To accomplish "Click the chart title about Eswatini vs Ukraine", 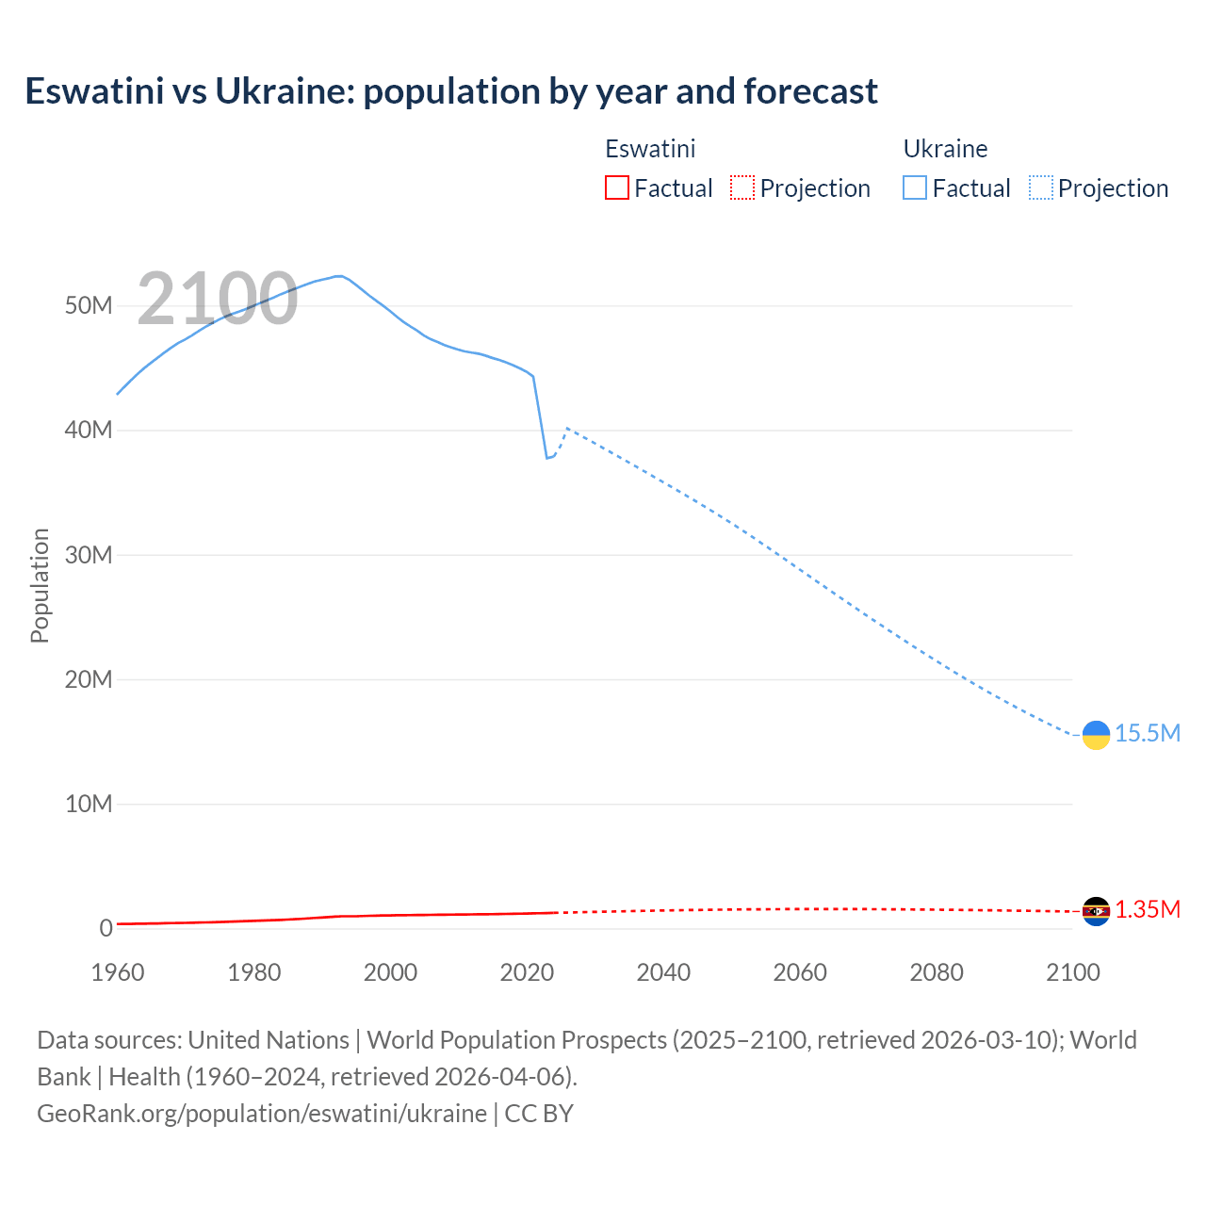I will pyautogui.click(x=451, y=91).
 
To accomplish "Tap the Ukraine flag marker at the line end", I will pyautogui.click(x=1096, y=735).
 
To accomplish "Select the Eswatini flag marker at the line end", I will pyautogui.click(x=1096, y=911).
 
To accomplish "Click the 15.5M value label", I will pyautogui.click(x=1148, y=734).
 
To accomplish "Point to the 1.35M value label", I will pyautogui.click(x=1148, y=910).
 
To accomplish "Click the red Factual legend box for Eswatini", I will pyautogui.click(x=616, y=188).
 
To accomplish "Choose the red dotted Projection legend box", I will pyautogui.click(x=742, y=188).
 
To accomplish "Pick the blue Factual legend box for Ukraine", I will pyautogui.click(x=915, y=188).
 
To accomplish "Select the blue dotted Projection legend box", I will pyautogui.click(x=1041, y=188).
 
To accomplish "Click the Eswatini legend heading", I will pyautogui.click(x=650, y=149).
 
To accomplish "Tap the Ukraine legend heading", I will pyautogui.click(x=945, y=149).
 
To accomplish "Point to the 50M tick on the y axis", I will pyautogui.click(x=89, y=306).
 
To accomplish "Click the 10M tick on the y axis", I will pyautogui.click(x=89, y=805).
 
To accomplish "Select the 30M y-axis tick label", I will pyautogui.click(x=89, y=555).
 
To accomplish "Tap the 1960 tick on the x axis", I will pyautogui.click(x=118, y=972).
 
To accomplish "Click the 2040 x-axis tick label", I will pyautogui.click(x=663, y=972).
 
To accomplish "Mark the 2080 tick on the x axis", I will pyautogui.click(x=937, y=972).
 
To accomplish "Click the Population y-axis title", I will pyautogui.click(x=40, y=585).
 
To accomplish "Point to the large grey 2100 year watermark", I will pyautogui.click(x=218, y=300).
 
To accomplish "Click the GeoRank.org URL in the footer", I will pyautogui.click(x=262, y=1114).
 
